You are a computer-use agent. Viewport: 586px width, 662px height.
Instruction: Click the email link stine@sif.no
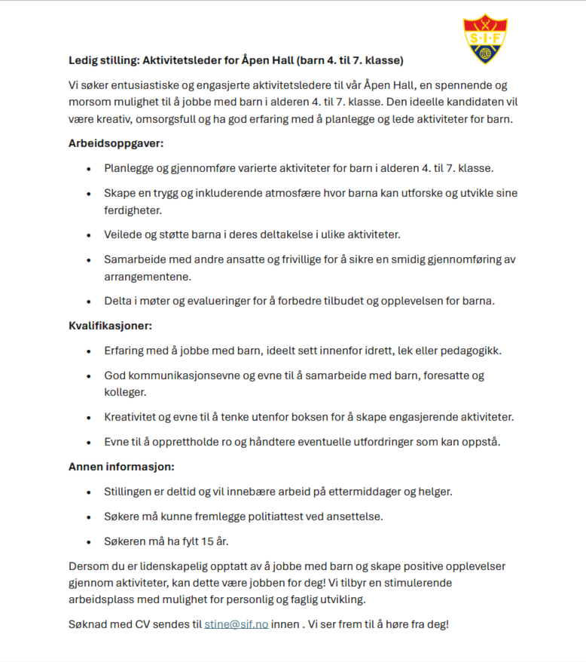pyautogui.click(x=236, y=625)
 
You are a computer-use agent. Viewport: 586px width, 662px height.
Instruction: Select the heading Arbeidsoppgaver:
pyautogui.click(x=116, y=143)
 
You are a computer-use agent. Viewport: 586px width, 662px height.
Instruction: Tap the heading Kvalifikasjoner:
pyautogui.click(x=110, y=326)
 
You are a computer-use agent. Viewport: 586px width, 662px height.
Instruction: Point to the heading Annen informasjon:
pyautogui.click(x=121, y=467)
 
